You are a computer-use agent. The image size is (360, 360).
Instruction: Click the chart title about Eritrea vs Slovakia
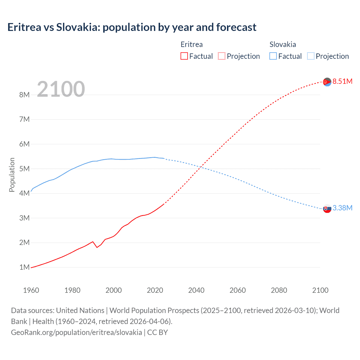point(132,27)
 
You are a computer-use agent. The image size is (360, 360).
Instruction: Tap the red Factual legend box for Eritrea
point(184,56)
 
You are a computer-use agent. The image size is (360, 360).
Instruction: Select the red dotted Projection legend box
point(221,56)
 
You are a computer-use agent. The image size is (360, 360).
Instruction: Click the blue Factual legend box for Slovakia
point(273,56)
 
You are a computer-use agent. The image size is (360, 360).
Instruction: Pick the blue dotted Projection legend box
point(310,56)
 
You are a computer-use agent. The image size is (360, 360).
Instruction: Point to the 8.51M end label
point(342,81)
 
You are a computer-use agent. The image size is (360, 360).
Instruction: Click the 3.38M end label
point(342,208)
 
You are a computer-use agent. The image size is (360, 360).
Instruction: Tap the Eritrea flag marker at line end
point(327,82)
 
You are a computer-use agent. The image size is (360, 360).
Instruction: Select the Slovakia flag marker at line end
point(327,208)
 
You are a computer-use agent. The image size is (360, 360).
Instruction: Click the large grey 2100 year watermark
point(61,89)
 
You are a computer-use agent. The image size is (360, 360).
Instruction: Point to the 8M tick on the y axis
point(24,95)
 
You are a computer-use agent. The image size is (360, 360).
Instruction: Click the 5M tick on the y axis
point(24,169)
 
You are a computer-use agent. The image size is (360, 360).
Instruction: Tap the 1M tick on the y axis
point(24,267)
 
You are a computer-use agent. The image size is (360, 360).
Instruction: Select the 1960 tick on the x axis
point(31,290)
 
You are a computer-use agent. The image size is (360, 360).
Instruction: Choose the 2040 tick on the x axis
point(196,290)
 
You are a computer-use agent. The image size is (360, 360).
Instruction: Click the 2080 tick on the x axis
point(279,290)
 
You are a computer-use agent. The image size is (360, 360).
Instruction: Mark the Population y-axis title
point(12,175)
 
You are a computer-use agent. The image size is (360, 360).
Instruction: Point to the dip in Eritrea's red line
point(97,247)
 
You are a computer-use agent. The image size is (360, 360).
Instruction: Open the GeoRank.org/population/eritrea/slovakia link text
point(76,332)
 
